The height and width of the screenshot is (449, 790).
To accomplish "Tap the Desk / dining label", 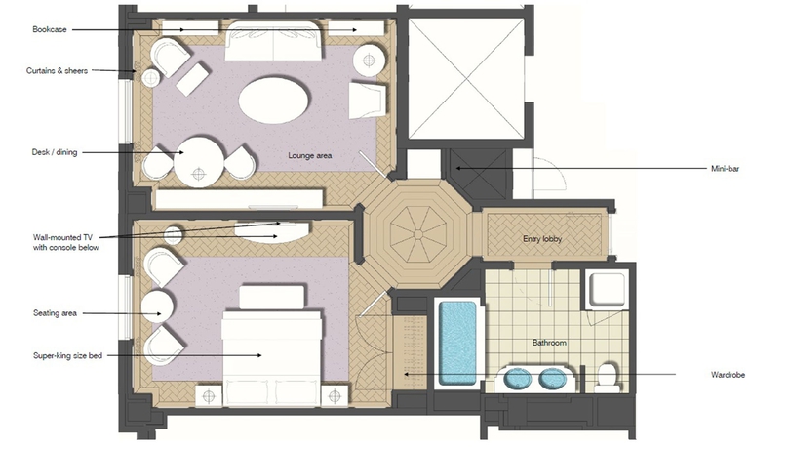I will click(x=56, y=152).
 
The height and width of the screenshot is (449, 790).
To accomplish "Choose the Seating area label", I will click(x=54, y=313).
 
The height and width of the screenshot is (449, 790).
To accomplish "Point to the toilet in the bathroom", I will click(x=607, y=375).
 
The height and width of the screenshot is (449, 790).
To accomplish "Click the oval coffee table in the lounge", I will click(x=276, y=100).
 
